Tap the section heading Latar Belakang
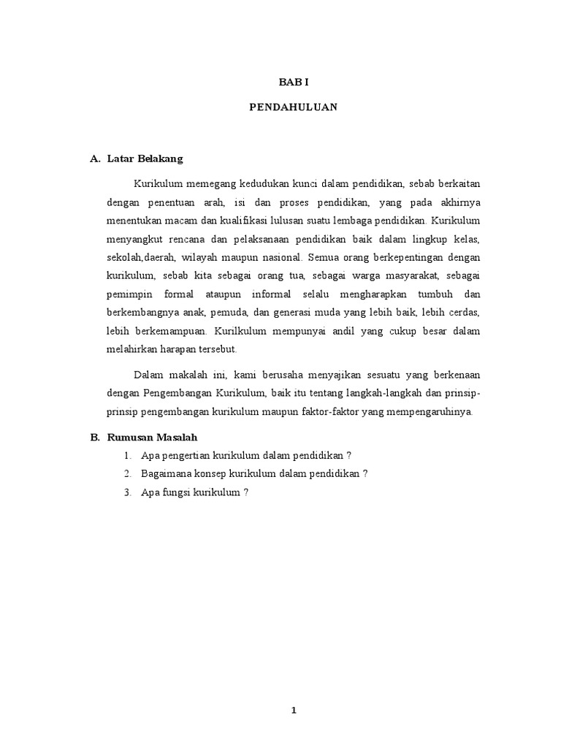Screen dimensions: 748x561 click(145, 158)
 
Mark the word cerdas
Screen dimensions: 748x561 click(462, 314)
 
